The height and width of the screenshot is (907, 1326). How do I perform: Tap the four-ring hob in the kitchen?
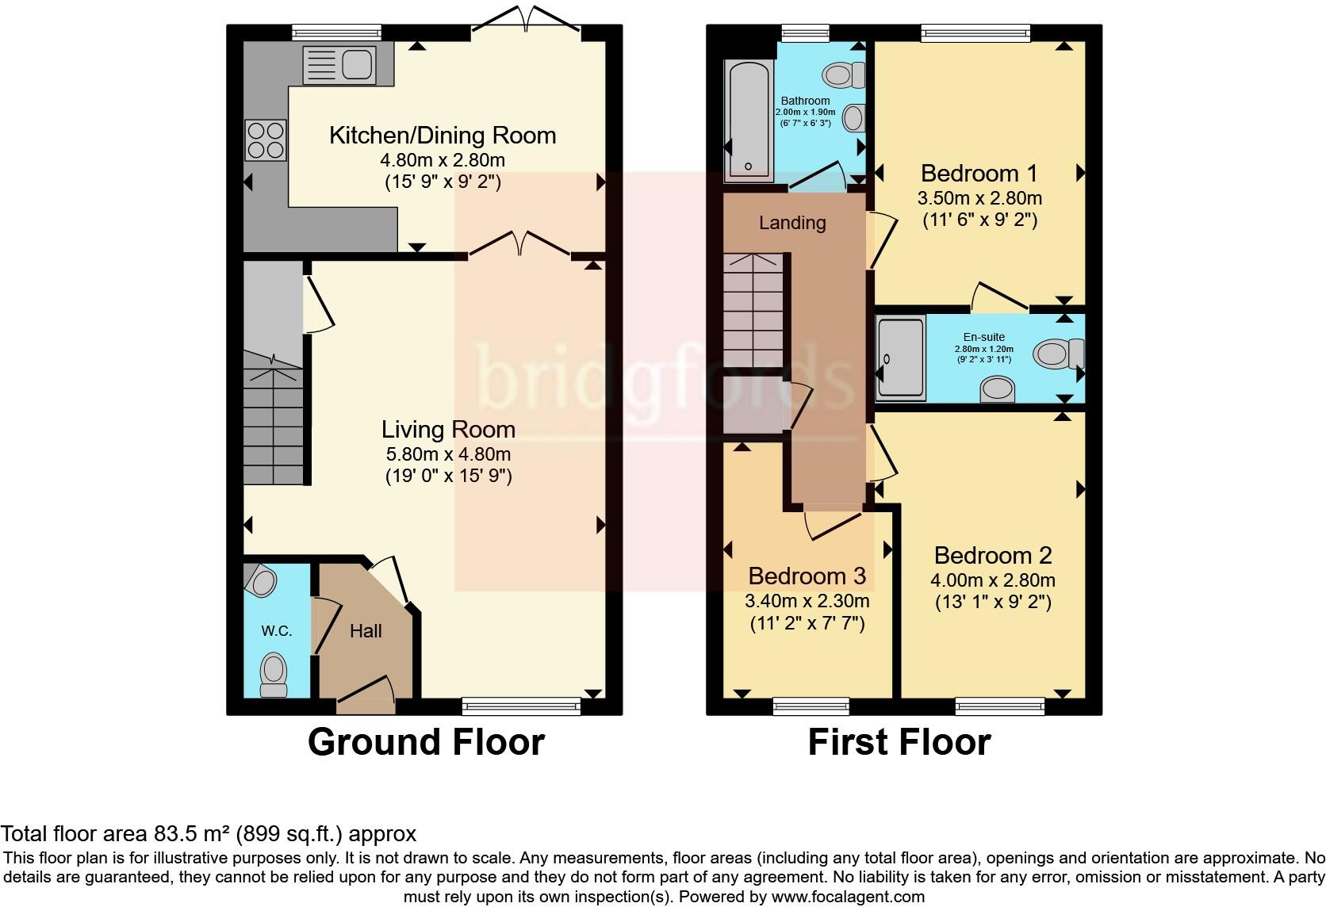click(266, 140)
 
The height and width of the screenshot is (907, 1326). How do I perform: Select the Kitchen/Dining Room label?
click(443, 136)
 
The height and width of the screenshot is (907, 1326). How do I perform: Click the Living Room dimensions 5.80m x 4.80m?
click(448, 454)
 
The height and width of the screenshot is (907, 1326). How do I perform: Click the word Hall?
click(366, 631)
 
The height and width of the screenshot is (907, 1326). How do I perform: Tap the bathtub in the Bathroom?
click(749, 120)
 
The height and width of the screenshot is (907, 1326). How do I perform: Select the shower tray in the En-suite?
click(900, 358)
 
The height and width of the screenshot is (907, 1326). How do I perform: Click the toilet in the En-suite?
click(1059, 354)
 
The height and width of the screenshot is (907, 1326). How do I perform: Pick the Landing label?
click(792, 223)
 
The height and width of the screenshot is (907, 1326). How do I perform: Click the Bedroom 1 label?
click(979, 174)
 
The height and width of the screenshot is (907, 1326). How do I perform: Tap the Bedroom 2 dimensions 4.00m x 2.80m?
click(993, 580)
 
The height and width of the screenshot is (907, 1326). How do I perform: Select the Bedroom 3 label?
click(807, 576)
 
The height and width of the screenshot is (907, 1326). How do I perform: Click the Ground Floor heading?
click(426, 742)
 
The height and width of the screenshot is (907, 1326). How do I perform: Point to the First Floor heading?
click(899, 742)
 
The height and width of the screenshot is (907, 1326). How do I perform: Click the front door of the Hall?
click(366, 695)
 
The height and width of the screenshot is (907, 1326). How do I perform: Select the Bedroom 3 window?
click(811, 706)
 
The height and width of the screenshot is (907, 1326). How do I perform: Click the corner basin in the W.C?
click(260, 580)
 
